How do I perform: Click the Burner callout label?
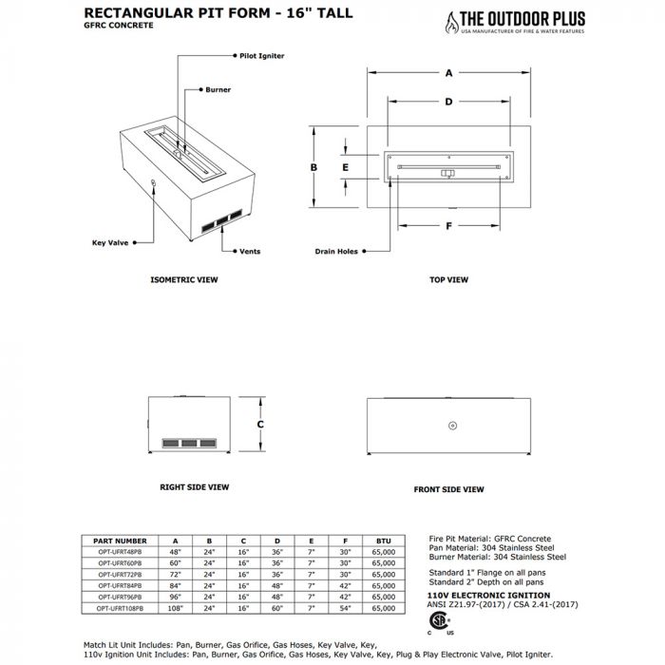coord(218,90)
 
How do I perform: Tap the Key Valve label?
coord(110,242)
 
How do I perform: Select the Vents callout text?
coord(249,251)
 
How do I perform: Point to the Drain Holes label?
coord(336,252)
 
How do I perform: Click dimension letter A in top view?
coord(447,72)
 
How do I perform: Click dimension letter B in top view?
coord(313,166)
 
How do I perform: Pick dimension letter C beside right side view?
coord(260,425)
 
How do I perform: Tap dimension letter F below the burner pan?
coord(447,226)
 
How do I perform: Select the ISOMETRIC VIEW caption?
coord(184,280)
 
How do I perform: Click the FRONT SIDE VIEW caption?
coord(448,489)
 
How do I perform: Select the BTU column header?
coord(383,540)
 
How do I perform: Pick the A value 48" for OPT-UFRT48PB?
coord(175,551)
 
